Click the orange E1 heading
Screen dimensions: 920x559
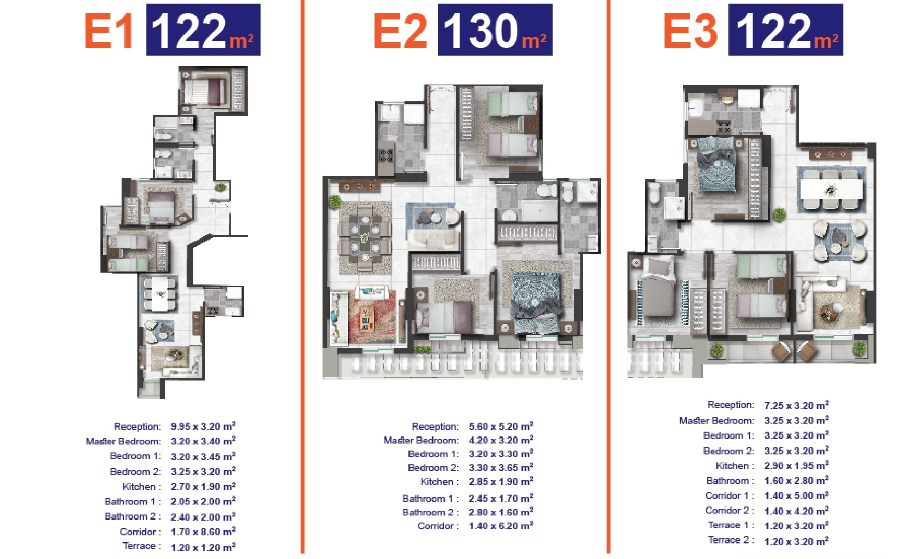(x=108, y=31)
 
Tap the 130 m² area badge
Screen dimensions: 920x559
(x=495, y=30)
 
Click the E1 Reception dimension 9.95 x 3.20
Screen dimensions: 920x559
(x=203, y=426)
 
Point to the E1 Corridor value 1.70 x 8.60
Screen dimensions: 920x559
(x=203, y=532)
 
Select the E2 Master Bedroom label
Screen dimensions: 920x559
(x=421, y=440)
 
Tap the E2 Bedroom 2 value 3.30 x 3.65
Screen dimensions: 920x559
(x=501, y=468)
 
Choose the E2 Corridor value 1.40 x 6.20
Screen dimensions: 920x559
(x=501, y=526)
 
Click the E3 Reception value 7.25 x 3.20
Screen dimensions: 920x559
(x=796, y=405)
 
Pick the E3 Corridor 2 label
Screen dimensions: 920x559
(x=730, y=510)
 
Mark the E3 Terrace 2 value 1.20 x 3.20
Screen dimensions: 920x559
(x=796, y=541)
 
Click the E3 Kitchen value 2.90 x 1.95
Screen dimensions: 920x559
(x=796, y=466)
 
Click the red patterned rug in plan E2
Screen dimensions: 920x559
(x=372, y=316)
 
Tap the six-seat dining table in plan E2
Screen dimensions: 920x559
(x=365, y=237)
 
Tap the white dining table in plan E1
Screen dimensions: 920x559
(x=160, y=294)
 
